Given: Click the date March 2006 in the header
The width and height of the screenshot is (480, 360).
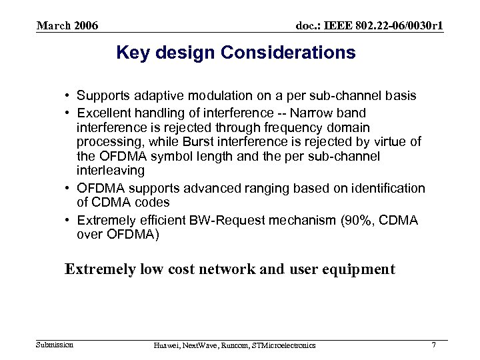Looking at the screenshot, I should [x=67, y=26].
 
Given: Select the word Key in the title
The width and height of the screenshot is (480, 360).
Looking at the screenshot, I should [x=130, y=53].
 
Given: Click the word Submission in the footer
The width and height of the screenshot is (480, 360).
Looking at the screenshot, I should [x=55, y=344].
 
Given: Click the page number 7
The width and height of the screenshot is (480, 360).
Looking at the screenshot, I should [x=434, y=344].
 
